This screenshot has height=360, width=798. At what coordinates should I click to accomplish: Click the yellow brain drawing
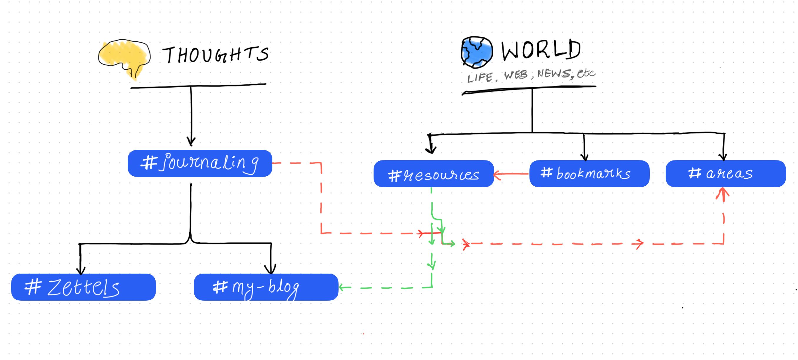tap(124, 59)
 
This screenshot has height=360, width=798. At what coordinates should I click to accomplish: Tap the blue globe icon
tap(477, 52)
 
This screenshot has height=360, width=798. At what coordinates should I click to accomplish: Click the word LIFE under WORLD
tap(480, 78)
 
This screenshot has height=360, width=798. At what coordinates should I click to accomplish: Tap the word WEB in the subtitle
tap(516, 75)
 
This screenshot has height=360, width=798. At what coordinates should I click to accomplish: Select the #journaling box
tap(200, 163)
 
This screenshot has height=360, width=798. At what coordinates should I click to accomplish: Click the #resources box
tap(434, 173)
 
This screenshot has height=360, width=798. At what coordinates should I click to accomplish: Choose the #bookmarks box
tap(589, 173)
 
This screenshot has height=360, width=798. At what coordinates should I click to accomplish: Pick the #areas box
tap(726, 173)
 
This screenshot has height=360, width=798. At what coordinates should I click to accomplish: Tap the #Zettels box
tap(83, 287)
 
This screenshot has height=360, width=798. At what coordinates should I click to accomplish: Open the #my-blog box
tap(266, 287)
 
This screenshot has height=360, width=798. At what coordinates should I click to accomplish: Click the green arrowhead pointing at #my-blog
tap(342, 288)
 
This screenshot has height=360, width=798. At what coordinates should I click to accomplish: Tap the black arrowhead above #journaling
tap(191, 142)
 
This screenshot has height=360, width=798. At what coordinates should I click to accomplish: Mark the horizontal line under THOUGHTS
tap(198, 86)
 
